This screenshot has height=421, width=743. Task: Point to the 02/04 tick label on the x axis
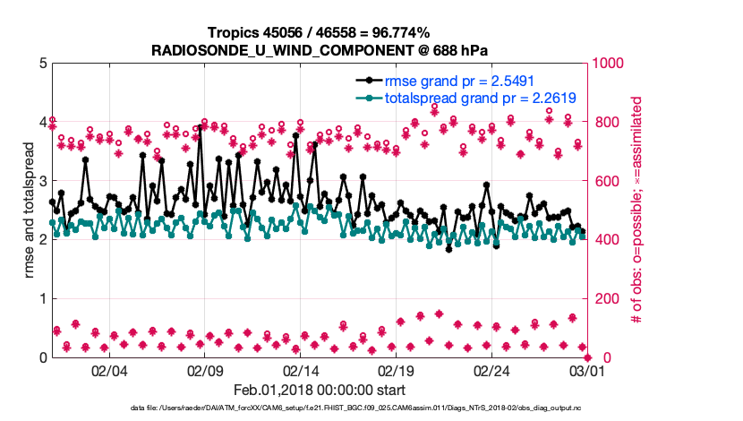[x=109, y=370]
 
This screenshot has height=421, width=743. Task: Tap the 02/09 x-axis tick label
[x=205, y=370]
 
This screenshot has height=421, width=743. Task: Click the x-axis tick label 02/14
[x=301, y=370]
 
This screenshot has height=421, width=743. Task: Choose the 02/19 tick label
[x=397, y=370]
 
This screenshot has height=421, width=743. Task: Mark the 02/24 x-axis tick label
[x=492, y=370]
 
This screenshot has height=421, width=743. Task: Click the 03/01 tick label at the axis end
[x=587, y=370]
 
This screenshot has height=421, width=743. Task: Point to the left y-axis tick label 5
[x=43, y=64]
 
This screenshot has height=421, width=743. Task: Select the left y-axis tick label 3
[x=43, y=181]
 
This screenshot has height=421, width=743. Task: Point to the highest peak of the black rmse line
[x=200, y=127]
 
